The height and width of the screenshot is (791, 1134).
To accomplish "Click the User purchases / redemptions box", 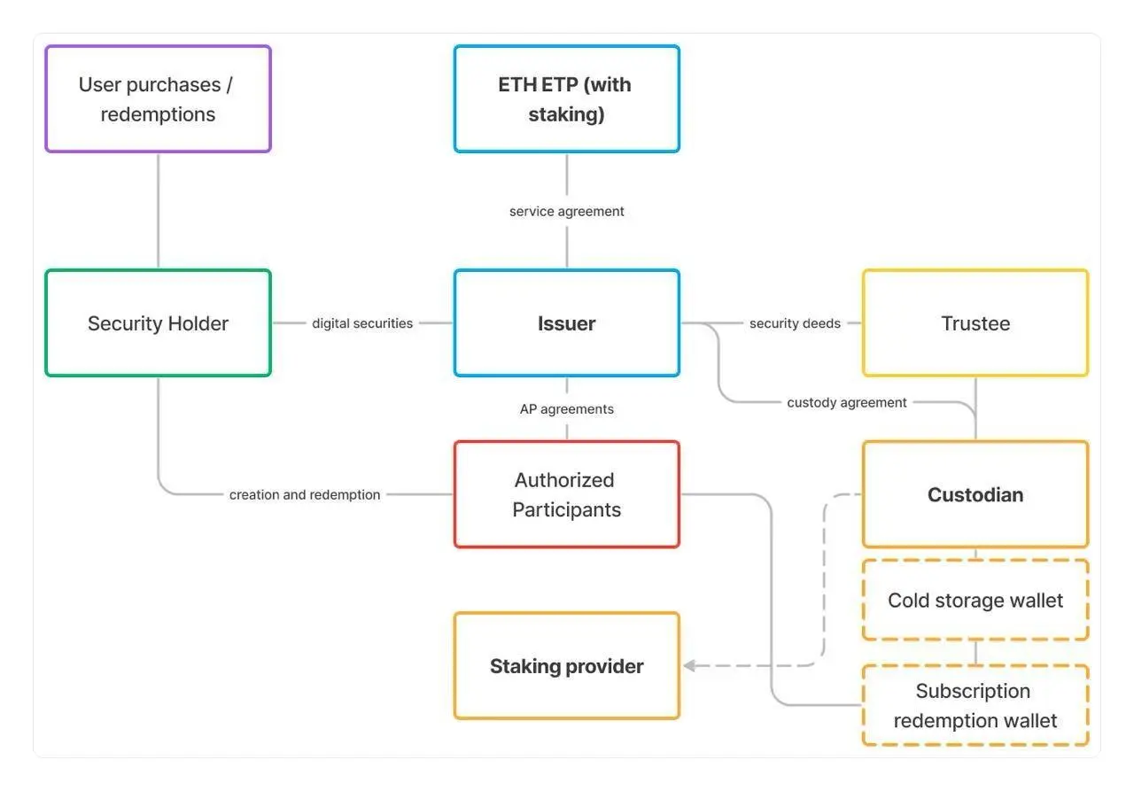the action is click(158, 98).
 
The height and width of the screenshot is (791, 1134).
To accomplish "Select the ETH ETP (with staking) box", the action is click(566, 98).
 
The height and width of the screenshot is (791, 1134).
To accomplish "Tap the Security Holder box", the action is click(158, 323).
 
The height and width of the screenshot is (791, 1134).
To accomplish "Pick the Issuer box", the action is click(566, 323).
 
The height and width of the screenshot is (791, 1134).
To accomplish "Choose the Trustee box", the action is click(975, 323).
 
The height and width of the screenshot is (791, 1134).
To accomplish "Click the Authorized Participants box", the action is click(566, 494).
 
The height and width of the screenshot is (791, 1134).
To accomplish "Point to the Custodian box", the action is click(975, 494).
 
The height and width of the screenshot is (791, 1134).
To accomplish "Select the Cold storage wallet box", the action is click(975, 600).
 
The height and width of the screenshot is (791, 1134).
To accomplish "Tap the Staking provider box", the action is click(566, 665).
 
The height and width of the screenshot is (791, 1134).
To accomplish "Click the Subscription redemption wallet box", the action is click(975, 705).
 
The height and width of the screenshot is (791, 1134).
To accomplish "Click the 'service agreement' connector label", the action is click(566, 211).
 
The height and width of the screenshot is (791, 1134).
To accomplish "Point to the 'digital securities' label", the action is click(362, 323).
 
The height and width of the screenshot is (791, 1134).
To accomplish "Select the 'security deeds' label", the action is click(795, 323).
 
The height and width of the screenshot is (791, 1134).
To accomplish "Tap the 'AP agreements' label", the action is click(566, 409).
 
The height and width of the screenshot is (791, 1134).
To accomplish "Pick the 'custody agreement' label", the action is click(846, 402).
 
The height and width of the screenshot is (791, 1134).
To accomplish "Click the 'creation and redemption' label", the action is click(304, 494).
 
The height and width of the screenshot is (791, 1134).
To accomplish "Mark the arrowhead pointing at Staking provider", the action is click(688, 665).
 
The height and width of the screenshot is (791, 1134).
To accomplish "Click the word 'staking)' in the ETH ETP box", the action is click(566, 115).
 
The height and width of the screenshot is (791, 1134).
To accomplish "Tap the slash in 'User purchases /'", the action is click(229, 84).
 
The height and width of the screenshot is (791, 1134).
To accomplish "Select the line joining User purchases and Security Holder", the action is click(158, 211).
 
